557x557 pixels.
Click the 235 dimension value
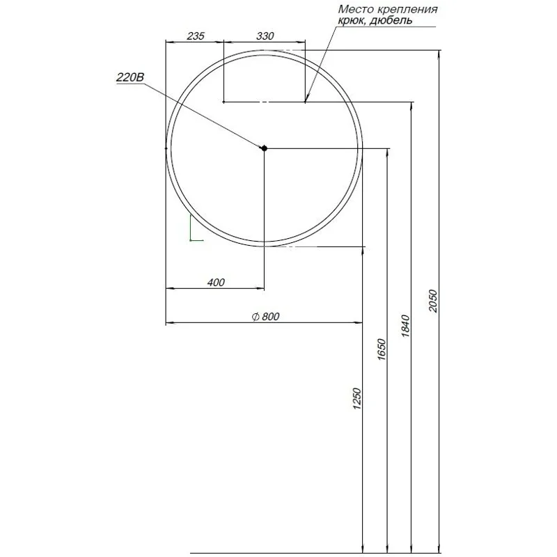coord(196,37)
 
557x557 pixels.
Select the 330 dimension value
coord(265,37)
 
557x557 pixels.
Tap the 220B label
coord(130,78)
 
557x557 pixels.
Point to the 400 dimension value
coord(216,282)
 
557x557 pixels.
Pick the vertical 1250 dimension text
coord(356,400)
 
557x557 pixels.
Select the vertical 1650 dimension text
coord(381,347)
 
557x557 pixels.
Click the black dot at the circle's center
coord(264,148)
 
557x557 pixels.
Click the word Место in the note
coord(354,9)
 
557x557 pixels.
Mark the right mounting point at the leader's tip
coord(305,102)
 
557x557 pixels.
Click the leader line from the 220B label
coord(202,116)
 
